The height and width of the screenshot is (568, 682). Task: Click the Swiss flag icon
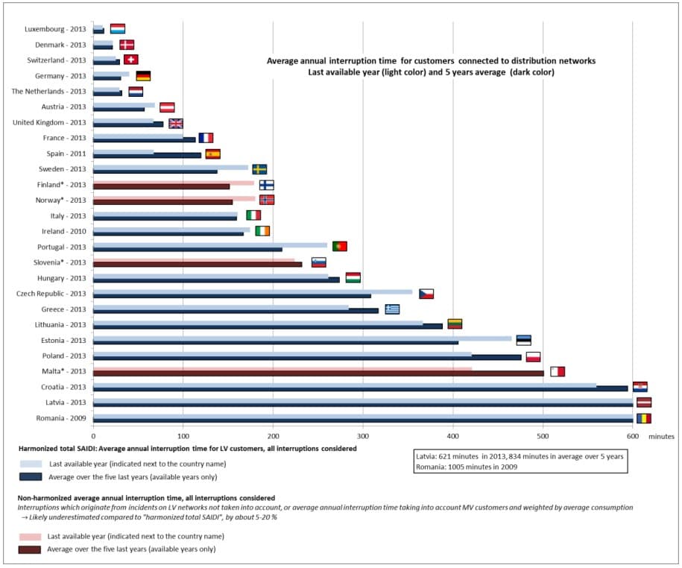click(130, 60)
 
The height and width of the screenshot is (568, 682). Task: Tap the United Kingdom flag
click(175, 123)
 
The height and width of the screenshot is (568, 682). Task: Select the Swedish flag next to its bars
click(259, 169)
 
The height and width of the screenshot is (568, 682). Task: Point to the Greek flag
click(392, 309)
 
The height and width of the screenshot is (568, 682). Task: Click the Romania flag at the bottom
click(643, 418)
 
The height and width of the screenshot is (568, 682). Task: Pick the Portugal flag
click(339, 247)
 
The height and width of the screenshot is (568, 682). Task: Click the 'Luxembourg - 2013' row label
click(56, 29)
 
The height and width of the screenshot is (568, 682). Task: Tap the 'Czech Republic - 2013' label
click(51, 293)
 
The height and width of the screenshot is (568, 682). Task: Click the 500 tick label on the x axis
click(543, 435)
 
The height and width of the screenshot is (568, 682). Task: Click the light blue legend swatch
click(31, 463)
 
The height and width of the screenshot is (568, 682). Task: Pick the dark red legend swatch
click(31, 549)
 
